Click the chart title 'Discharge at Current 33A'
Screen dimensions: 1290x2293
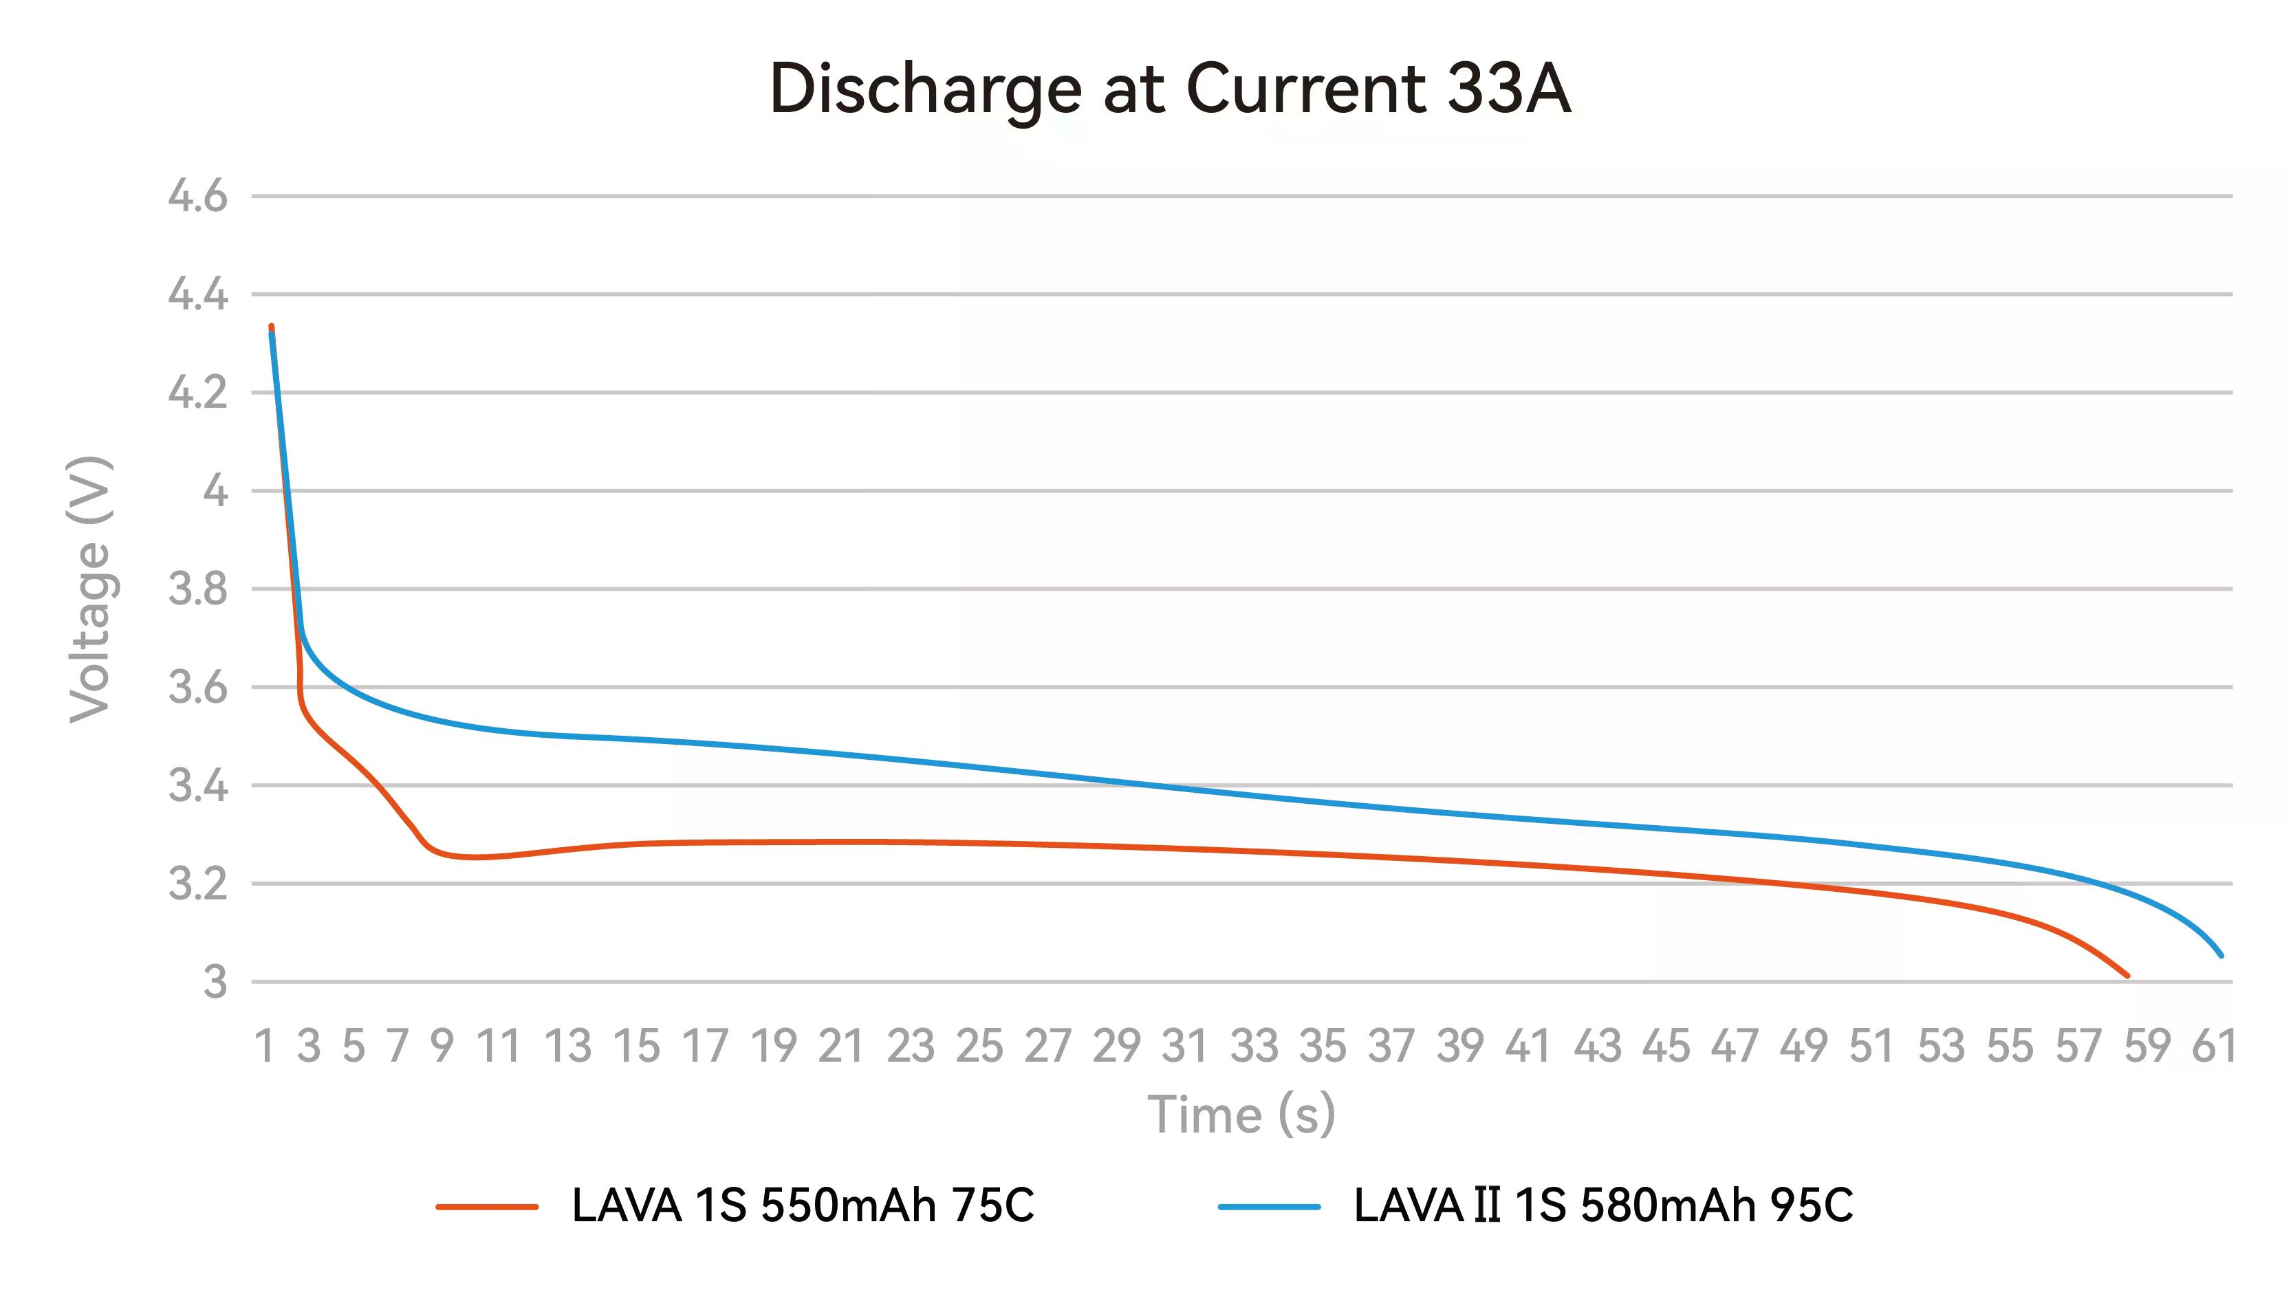pos(1170,91)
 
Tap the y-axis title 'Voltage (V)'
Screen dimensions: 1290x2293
pos(90,589)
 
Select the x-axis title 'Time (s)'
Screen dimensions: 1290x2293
pos(1241,1115)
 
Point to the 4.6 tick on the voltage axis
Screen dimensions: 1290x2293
pos(197,196)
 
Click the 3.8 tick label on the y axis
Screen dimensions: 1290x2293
pos(197,589)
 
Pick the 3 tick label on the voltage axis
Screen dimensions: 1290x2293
pos(215,983)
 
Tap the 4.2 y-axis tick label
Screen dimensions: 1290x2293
pos(197,393)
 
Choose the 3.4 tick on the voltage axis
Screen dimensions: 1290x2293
pos(197,786)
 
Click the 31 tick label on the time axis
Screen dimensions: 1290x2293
pos(1185,1046)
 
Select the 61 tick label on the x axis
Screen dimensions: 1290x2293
pos(2214,1046)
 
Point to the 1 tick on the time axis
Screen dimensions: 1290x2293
pos(264,1046)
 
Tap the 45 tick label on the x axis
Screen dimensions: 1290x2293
pos(1666,1046)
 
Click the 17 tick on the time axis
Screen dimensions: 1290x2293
pos(705,1046)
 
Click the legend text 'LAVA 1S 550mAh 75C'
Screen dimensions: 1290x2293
pos(802,1206)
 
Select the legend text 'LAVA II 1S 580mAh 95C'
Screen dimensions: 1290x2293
pos(1603,1206)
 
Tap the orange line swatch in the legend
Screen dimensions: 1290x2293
pos(487,1207)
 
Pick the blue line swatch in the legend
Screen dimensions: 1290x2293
pos(1268,1207)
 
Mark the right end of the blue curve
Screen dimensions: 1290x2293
pos(2221,955)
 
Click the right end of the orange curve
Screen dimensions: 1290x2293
pos(2127,976)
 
